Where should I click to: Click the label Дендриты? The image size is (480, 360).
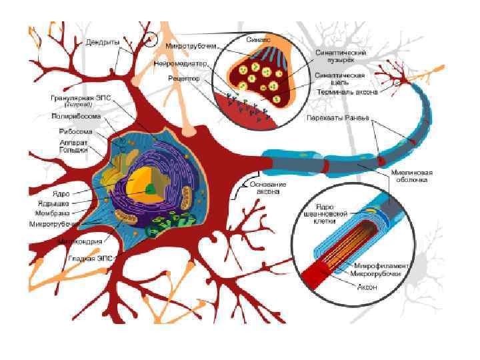pos(103,43)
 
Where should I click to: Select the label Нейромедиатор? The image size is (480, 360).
pos(181,64)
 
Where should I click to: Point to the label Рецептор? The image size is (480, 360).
pos(183,78)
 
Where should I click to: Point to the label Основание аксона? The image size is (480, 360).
pos(265,188)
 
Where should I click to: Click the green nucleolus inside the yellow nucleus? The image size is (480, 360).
pos(151,189)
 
